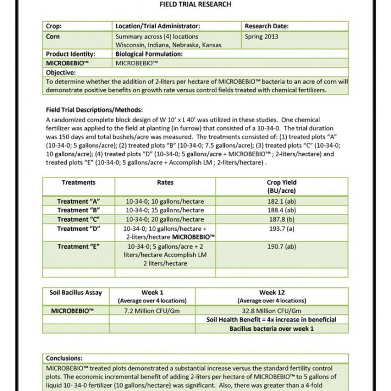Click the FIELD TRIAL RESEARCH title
(195, 4)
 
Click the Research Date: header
(267, 26)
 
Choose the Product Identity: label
(71, 54)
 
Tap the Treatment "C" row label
(79, 219)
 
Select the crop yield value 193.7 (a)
(281, 229)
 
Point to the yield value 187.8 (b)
(281, 219)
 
